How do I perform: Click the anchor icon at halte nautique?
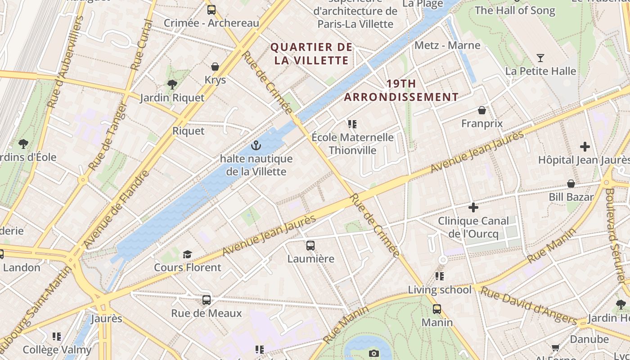tap(256, 145)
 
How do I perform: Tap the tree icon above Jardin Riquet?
tap(172, 84)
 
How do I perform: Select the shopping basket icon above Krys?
tap(215, 67)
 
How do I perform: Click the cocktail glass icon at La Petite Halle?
tap(540, 58)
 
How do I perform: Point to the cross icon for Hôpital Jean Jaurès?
tap(585, 147)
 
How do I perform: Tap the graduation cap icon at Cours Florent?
tap(188, 254)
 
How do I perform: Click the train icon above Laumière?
tap(310, 245)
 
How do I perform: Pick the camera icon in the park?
tap(374, 353)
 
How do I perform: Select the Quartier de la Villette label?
tap(311, 54)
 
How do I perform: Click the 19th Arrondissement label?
tap(401, 90)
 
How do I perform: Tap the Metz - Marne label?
tap(447, 45)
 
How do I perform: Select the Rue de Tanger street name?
tap(108, 136)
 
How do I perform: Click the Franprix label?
tap(482, 123)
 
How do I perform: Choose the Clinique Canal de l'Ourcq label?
tap(473, 227)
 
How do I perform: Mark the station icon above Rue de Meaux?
tap(207, 300)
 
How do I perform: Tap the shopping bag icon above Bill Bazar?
tap(571, 184)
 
